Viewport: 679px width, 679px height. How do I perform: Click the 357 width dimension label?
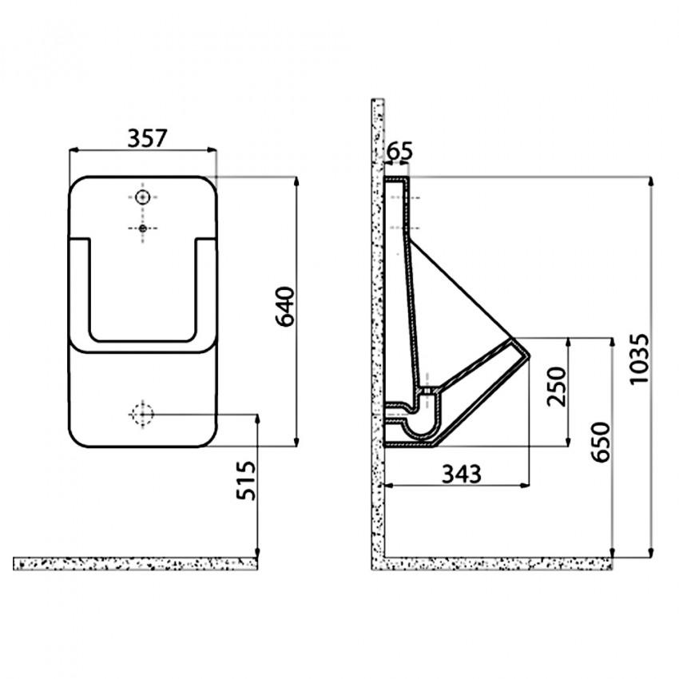click(147, 137)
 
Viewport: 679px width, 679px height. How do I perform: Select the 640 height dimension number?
click(285, 306)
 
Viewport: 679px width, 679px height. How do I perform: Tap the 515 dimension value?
click(246, 480)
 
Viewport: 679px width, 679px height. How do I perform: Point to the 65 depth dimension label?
click(399, 151)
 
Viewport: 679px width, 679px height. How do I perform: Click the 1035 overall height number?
click(640, 358)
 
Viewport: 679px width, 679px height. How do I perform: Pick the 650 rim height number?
click(601, 442)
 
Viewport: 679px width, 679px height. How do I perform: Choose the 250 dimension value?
click(556, 387)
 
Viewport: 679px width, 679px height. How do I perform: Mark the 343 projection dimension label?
click(461, 474)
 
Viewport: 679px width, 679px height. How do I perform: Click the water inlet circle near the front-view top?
click(142, 197)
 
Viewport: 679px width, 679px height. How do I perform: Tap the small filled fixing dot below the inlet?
click(142, 228)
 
